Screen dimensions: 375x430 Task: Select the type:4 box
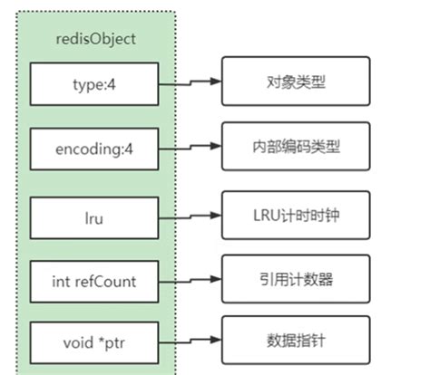(93, 83)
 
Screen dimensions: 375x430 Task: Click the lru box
(93, 217)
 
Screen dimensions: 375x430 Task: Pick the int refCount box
(93, 281)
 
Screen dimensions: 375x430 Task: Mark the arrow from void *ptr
(191, 342)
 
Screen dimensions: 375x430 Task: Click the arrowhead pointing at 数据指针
(216, 341)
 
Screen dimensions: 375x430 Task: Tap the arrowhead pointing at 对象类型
(216, 81)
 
